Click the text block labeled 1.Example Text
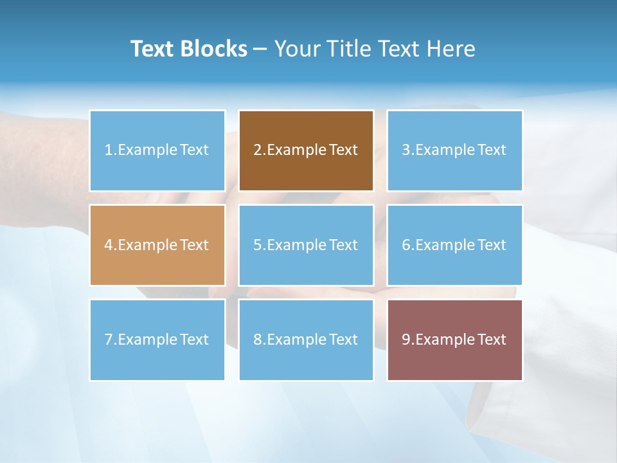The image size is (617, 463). click(x=157, y=150)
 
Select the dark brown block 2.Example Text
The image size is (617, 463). click(x=306, y=150)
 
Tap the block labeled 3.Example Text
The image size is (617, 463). click(x=454, y=150)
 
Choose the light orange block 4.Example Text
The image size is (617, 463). click(x=157, y=245)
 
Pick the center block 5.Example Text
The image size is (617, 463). click(x=306, y=245)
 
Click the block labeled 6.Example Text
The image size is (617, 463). click(x=454, y=245)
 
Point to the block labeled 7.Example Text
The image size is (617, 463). click(x=157, y=340)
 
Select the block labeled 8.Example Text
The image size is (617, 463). click(x=306, y=340)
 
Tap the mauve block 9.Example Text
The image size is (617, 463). click(x=454, y=340)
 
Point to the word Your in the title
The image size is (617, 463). click(x=296, y=49)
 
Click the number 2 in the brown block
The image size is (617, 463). click(x=257, y=150)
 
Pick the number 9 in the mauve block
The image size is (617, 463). click(x=406, y=340)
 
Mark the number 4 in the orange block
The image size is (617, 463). click(x=109, y=245)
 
